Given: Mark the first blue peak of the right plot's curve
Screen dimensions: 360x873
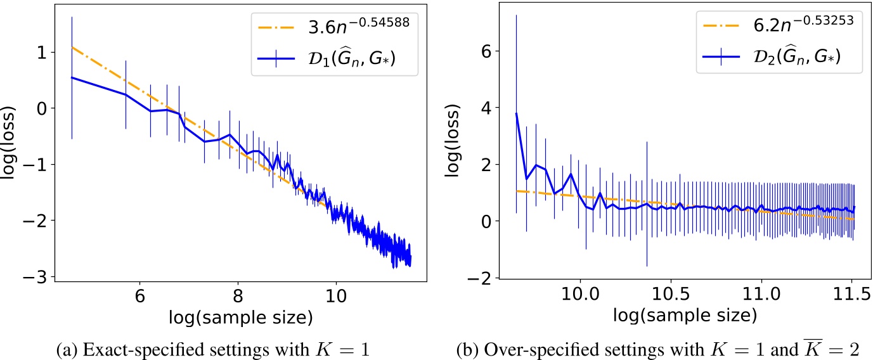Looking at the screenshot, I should (x=517, y=113).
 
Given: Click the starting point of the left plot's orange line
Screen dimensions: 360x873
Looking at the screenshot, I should (x=72, y=46).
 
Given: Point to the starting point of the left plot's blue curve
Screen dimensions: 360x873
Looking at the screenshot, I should (x=72, y=77).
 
